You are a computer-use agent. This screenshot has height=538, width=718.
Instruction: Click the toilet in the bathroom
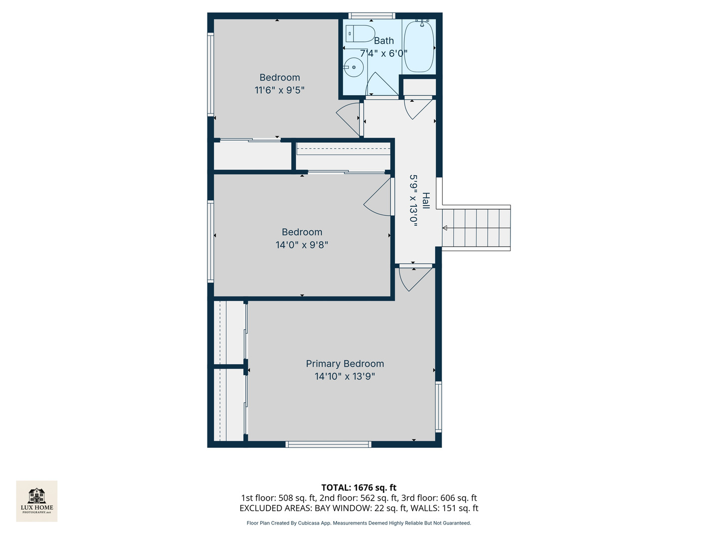(x=360, y=33)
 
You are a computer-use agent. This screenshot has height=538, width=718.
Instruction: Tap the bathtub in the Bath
(x=419, y=47)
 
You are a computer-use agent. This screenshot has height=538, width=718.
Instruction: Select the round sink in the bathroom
(x=354, y=67)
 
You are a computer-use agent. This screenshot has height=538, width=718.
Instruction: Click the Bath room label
(x=383, y=41)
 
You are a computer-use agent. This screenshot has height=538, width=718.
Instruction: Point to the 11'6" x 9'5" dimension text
(x=279, y=90)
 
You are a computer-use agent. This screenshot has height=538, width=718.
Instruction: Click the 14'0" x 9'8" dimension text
(x=302, y=245)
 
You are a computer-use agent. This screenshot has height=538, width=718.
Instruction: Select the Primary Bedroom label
(x=345, y=364)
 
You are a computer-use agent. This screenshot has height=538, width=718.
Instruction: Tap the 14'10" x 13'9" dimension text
(x=345, y=377)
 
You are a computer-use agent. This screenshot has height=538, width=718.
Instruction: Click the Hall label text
(x=426, y=200)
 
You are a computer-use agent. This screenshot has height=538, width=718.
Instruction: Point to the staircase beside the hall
(x=476, y=228)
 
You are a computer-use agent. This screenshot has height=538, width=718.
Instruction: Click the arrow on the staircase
(x=445, y=228)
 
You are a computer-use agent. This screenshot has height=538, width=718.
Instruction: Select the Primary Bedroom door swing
(x=414, y=279)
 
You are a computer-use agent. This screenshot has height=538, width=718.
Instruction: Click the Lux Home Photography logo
(x=37, y=501)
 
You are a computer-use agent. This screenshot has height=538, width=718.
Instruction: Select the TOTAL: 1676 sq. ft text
(x=359, y=488)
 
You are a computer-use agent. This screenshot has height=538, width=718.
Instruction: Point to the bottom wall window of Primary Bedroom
(x=328, y=444)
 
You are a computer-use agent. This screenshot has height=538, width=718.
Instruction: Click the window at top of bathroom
(x=371, y=16)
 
